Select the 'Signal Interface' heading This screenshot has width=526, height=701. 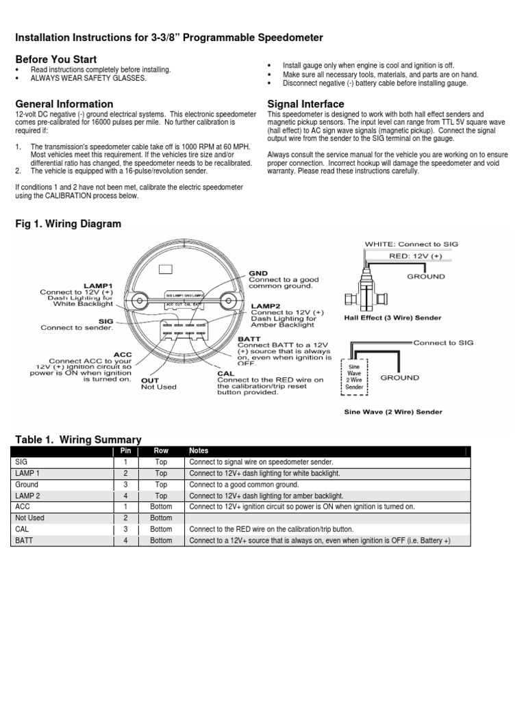tap(305, 104)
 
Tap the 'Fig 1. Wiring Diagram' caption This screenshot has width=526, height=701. tap(67, 224)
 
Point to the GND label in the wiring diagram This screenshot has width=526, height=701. tap(258, 272)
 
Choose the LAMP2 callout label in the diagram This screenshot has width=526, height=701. tap(264, 305)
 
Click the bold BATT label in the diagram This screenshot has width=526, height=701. tap(249, 338)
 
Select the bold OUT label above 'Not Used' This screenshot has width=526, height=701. tap(150, 379)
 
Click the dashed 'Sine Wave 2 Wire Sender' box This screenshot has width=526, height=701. tap(354, 377)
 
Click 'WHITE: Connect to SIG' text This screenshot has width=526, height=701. tap(412, 244)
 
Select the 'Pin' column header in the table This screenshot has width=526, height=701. tap(125, 452)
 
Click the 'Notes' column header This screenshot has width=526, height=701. tap(198, 452)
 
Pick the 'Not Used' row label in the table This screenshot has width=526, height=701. tap(29, 518)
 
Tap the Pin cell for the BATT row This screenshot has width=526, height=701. tap(125, 540)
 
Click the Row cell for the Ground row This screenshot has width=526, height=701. tap(161, 485)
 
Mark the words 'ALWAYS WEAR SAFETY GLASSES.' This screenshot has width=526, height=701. tap(88, 78)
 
